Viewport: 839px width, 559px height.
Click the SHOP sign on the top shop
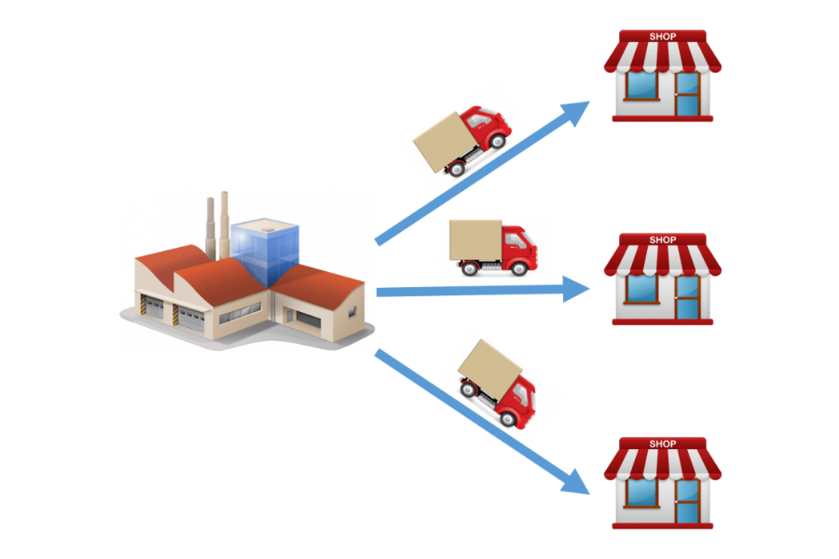tap(662, 37)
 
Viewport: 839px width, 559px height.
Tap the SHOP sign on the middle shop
tap(662, 239)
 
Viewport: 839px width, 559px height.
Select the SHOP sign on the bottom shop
tap(662, 444)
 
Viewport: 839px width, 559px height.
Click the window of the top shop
tap(642, 86)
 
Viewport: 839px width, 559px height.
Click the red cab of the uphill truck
tap(488, 128)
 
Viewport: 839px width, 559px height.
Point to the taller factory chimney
tap(225, 224)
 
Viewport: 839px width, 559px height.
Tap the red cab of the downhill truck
tap(517, 399)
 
